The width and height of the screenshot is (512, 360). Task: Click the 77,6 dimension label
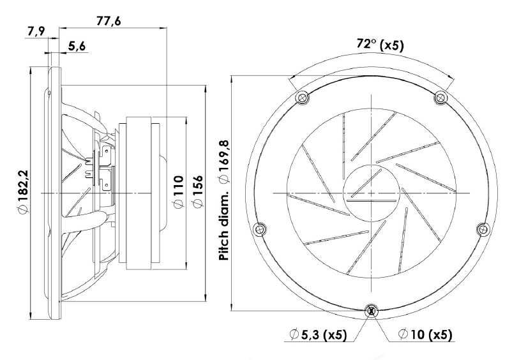click(x=109, y=21)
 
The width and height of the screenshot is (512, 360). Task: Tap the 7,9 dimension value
click(x=36, y=32)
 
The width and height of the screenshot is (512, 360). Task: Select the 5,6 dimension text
click(x=77, y=47)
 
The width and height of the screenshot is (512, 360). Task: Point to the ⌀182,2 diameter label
click(x=24, y=191)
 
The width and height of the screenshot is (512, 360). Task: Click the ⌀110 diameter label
click(x=178, y=191)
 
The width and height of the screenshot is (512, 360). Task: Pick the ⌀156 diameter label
click(x=198, y=191)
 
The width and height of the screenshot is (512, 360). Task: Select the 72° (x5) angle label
click(x=380, y=45)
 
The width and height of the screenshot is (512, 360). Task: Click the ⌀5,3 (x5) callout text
click(x=318, y=334)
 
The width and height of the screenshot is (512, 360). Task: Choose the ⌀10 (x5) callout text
click(x=425, y=334)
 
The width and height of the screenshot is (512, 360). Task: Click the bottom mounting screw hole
click(x=372, y=311)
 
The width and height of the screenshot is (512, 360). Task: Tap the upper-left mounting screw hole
click(x=302, y=98)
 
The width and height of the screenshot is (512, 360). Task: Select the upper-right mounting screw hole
click(x=440, y=98)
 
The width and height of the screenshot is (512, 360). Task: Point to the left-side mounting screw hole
click(x=260, y=229)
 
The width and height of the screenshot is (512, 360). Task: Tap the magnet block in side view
click(x=139, y=193)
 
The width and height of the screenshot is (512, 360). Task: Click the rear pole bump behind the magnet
click(x=164, y=193)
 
